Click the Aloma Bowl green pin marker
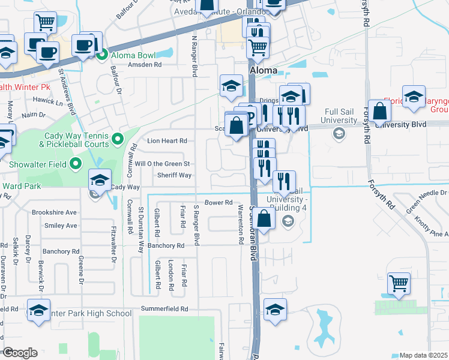pos(102,56)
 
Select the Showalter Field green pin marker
pos(76,163)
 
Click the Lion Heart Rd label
pos(167,141)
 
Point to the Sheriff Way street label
pos(174,175)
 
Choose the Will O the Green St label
pos(162,164)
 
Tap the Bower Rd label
pos(218,203)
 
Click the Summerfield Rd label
pos(164,309)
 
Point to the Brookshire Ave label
pos(55,212)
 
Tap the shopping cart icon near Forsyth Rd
pos(399,283)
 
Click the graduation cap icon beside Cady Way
pos(100,180)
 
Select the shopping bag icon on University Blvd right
pos(379,111)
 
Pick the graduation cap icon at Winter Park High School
pos(39,311)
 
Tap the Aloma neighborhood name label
pos(263,70)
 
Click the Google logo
pos(20,353)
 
